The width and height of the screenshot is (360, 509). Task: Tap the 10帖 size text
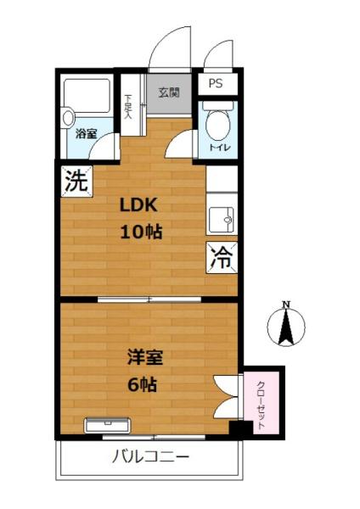coord(140,232)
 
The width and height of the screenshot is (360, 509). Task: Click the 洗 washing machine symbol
coord(76,181)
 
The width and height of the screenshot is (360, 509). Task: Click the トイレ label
coord(220,149)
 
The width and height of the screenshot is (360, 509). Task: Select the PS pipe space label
coord(216,85)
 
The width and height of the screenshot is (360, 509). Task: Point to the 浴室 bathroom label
coord(86,134)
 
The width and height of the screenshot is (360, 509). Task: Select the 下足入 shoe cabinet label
coord(128,105)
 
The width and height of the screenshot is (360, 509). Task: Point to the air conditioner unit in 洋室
coord(107,424)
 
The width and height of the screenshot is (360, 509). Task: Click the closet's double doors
coord(227,397)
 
